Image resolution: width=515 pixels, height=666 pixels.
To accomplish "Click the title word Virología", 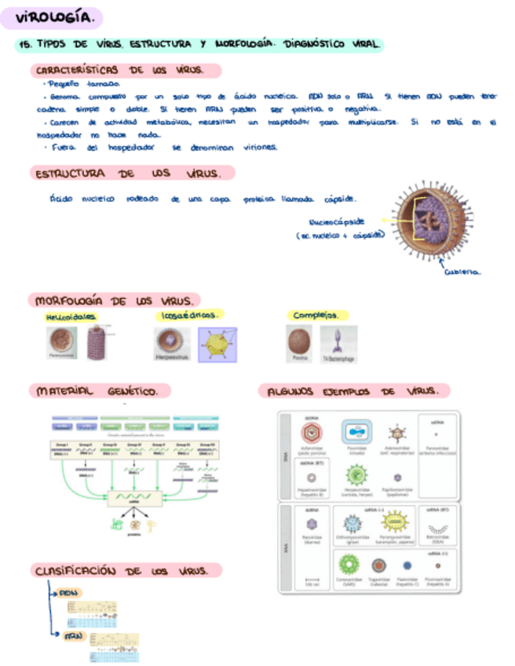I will (x=52, y=16).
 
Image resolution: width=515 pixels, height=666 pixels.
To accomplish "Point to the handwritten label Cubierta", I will (x=462, y=272).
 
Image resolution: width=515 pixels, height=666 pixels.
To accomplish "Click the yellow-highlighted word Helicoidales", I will (x=71, y=316).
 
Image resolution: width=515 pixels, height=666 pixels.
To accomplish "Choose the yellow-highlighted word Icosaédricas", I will (x=188, y=315).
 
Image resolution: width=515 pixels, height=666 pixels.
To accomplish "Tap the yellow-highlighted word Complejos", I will (x=316, y=315).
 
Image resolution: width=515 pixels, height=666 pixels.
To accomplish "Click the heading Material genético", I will (x=100, y=390).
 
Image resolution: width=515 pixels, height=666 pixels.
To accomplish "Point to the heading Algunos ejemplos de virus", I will (x=353, y=390).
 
